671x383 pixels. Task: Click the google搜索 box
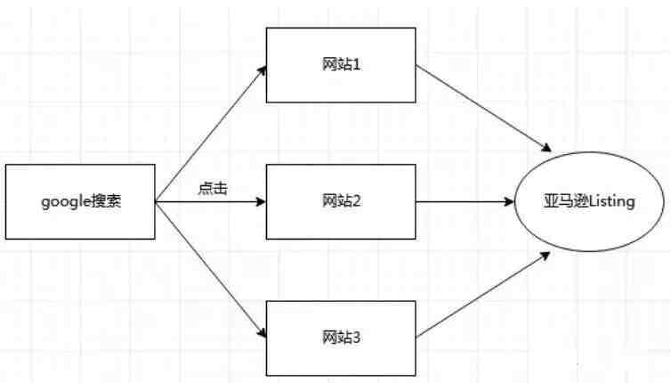pyautogui.click(x=80, y=201)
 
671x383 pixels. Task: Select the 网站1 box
pyautogui.click(x=341, y=65)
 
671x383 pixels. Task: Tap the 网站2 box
pyautogui.click(x=341, y=201)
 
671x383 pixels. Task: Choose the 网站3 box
pyautogui.click(x=341, y=338)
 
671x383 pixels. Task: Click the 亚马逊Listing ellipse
pyautogui.click(x=589, y=201)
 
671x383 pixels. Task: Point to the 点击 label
pyautogui.click(x=213, y=189)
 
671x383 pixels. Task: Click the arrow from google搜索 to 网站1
pyautogui.click(x=211, y=134)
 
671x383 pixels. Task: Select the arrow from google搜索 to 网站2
pyautogui.click(x=211, y=201)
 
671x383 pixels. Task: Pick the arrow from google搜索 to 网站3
pyautogui.click(x=211, y=269)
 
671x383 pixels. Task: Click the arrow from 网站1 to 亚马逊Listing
pyautogui.click(x=483, y=109)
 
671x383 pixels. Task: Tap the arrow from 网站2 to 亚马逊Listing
pyautogui.click(x=465, y=201)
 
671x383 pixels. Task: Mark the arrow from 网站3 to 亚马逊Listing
pyautogui.click(x=482, y=295)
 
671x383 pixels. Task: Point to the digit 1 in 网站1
pyautogui.click(x=356, y=65)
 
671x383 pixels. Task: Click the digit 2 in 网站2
pyautogui.click(x=356, y=201)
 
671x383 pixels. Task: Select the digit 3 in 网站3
pyautogui.click(x=356, y=338)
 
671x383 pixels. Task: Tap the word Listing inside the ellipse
pyautogui.click(x=612, y=201)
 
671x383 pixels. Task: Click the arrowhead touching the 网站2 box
pyautogui.click(x=261, y=201)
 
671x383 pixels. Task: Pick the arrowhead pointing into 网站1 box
pyautogui.click(x=262, y=71)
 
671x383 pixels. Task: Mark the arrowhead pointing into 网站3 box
pyautogui.click(x=262, y=331)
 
